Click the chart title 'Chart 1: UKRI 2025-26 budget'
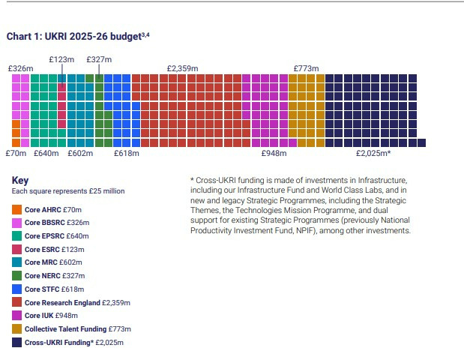(x=82, y=35)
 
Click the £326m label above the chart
(x=20, y=68)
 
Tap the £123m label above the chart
(x=61, y=58)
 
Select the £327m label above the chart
(x=99, y=58)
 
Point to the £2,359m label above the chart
(x=182, y=68)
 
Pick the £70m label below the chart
(x=16, y=154)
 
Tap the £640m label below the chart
(x=46, y=154)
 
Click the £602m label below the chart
(x=80, y=154)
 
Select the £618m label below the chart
(x=127, y=154)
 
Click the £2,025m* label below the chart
(x=373, y=154)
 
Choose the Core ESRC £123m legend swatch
(x=16, y=248)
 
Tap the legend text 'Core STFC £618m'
(x=55, y=289)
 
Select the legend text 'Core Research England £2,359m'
(x=77, y=302)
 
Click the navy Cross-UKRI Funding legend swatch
(x=16, y=342)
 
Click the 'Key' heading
(x=19, y=180)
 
